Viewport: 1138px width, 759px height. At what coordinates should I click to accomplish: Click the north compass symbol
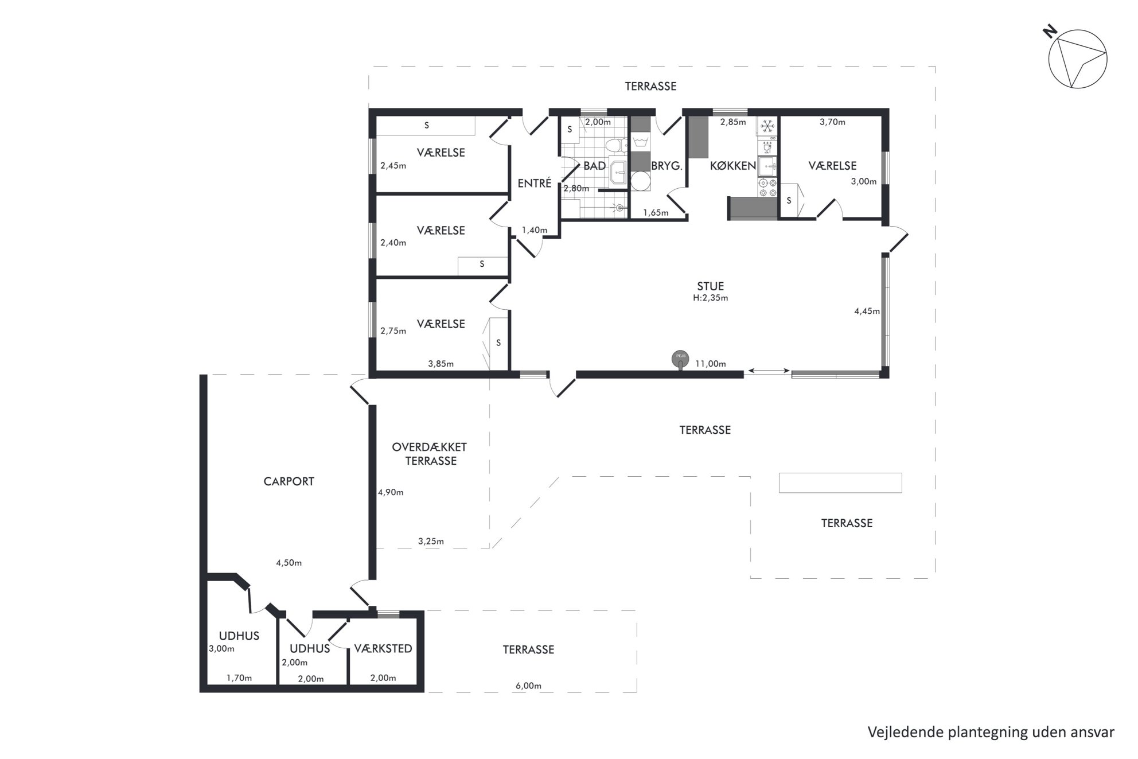(1077, 60)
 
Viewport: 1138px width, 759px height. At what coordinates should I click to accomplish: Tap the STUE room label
(710, 286)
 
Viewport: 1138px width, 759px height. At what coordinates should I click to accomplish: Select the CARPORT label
(289, 481)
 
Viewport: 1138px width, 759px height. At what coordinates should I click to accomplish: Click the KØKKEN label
(733, 166)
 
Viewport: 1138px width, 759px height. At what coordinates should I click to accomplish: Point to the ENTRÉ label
(534, 183)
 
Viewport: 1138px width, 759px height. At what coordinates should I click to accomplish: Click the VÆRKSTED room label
(383, 649)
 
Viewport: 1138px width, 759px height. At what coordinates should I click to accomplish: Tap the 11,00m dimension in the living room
(711, 364)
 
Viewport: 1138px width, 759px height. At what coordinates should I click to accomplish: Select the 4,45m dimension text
(867, 312)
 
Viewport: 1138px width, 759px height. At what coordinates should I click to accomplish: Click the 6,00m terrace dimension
(529, 686)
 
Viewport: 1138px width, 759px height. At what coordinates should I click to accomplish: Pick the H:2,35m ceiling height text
(710, 298)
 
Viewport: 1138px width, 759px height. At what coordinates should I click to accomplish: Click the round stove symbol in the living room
(680, 359)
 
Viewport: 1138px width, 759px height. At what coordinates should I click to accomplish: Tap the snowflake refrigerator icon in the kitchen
(767, 126)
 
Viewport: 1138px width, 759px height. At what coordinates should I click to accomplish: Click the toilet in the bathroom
(614, 145)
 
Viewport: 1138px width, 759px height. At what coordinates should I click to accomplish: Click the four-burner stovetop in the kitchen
(767, 188)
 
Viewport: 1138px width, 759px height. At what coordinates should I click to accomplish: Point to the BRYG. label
(666, 166)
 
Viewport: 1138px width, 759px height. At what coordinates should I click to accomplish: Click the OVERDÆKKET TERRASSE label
(430, 454)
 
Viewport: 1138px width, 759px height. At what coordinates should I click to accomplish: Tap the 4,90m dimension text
(391, 492)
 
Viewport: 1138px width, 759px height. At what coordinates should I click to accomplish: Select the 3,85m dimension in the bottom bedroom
(441, 364)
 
